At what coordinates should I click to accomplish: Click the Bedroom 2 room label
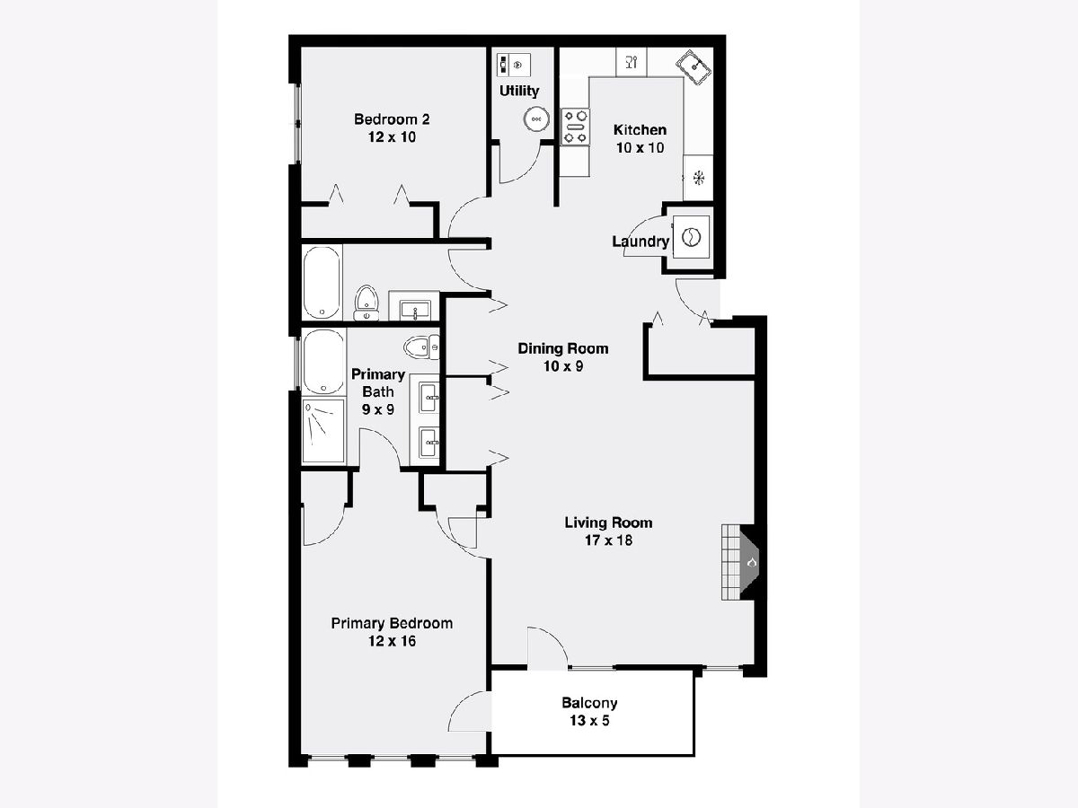tap(392, 119)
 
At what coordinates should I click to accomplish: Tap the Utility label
tap(519, 91)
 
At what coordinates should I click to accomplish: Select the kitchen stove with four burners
tap(575, 127)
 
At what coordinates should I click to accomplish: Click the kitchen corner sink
tap(694, 67)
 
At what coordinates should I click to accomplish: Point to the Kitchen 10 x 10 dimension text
tap(640, 147)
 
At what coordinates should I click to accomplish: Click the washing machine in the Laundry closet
tap(691, 237)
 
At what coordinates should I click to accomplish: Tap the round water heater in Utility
tap(535, 119)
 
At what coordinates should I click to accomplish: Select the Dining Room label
tap(563, 348)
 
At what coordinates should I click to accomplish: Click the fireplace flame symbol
tap(750, 563)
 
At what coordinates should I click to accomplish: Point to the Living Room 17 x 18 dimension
tap(608, 540)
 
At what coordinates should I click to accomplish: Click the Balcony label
tap(589, 703)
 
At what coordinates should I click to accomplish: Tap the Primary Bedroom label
tap(392, 623)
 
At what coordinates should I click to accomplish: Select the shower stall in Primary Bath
tap(323, 431)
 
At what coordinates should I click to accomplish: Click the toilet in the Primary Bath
tap(422, 347)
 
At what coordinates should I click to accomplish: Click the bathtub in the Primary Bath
tap(323, 362)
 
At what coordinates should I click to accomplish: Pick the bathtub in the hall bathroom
tap(322, 283)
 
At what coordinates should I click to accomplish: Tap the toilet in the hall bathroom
tap(367, 303)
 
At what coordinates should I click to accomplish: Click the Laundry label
tap(641, 242)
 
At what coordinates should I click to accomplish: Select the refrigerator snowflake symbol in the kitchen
tap(699, 178)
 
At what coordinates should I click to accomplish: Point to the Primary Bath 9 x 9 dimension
tap(377, 409)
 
